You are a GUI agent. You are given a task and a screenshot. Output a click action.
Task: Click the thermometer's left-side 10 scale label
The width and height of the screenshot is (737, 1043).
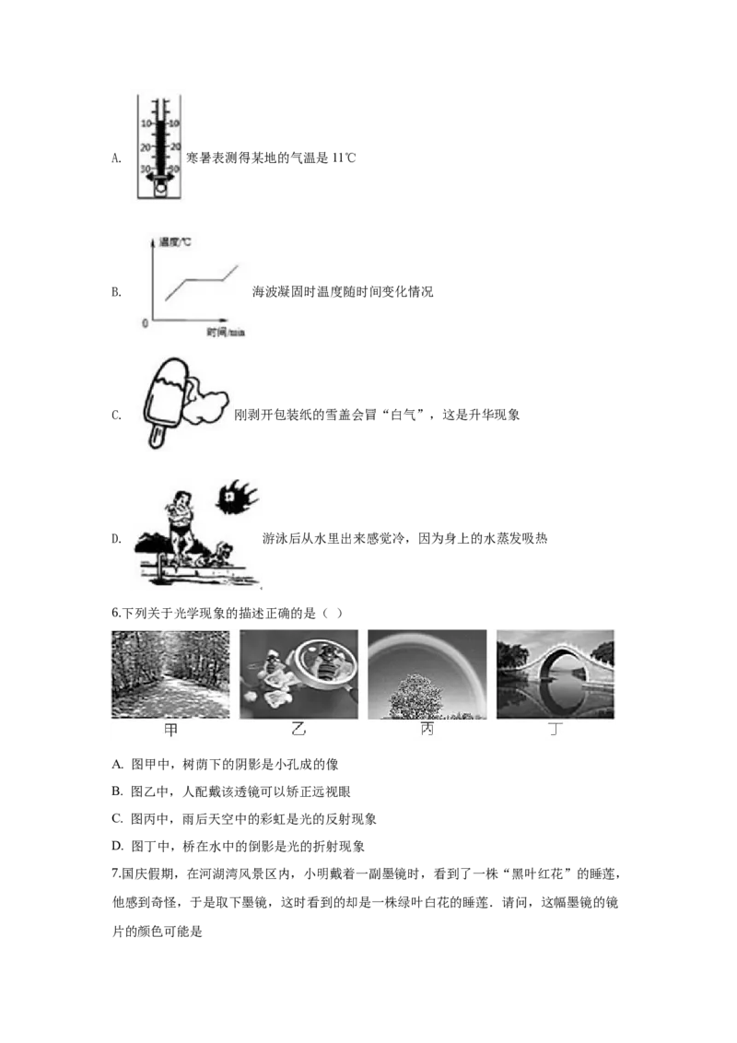146,123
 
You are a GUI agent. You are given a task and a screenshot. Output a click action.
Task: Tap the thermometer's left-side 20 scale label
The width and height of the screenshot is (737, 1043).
146,147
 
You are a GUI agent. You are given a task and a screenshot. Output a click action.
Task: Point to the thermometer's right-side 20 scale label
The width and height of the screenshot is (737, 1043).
175,147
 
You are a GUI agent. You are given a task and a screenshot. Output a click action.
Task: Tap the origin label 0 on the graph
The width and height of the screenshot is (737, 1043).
145,323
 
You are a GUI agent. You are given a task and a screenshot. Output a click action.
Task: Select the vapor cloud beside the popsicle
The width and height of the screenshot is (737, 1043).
208,406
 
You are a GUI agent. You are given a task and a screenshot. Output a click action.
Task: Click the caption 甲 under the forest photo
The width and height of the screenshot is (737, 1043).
170,730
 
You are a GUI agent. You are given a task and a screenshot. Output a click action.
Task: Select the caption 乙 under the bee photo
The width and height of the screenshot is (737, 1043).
298,730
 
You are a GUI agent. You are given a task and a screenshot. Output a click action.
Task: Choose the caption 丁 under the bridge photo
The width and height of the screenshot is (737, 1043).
555,730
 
